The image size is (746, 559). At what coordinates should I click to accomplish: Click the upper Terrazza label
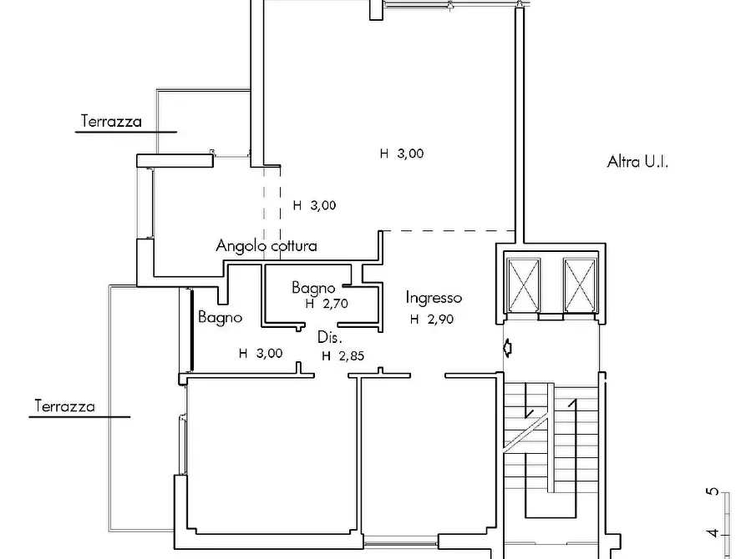[111, 121]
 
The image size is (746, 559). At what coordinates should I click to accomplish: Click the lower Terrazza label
[64, 406]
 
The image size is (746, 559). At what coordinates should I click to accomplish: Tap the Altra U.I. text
[637, 162]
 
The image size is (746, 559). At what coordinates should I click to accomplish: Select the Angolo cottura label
[266, 246]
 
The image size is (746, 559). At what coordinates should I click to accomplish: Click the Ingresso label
[434, 298]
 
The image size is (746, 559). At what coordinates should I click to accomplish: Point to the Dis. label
[330, 338]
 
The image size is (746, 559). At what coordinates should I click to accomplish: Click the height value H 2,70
[327, 303]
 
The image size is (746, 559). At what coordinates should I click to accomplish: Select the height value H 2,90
[432, 319]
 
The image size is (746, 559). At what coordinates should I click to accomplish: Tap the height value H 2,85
[343, 356]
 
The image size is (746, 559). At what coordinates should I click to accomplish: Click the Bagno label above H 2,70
[313, 288]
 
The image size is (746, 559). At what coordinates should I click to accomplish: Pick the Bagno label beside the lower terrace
[220, 317]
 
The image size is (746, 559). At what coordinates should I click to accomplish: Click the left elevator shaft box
[523, 285]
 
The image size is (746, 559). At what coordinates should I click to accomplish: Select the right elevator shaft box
[580, 285]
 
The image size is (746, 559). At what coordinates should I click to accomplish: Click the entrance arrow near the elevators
[508, 348]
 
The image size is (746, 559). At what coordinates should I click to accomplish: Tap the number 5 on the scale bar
[713, 491]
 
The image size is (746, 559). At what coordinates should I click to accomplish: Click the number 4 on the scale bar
[713, 533]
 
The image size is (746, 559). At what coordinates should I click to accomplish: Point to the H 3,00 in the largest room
[402, 154]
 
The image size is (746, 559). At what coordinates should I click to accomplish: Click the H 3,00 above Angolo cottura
[314, 205]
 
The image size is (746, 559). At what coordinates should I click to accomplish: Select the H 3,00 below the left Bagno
[261, 353]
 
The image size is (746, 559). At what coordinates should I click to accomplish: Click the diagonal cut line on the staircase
[528, 434]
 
